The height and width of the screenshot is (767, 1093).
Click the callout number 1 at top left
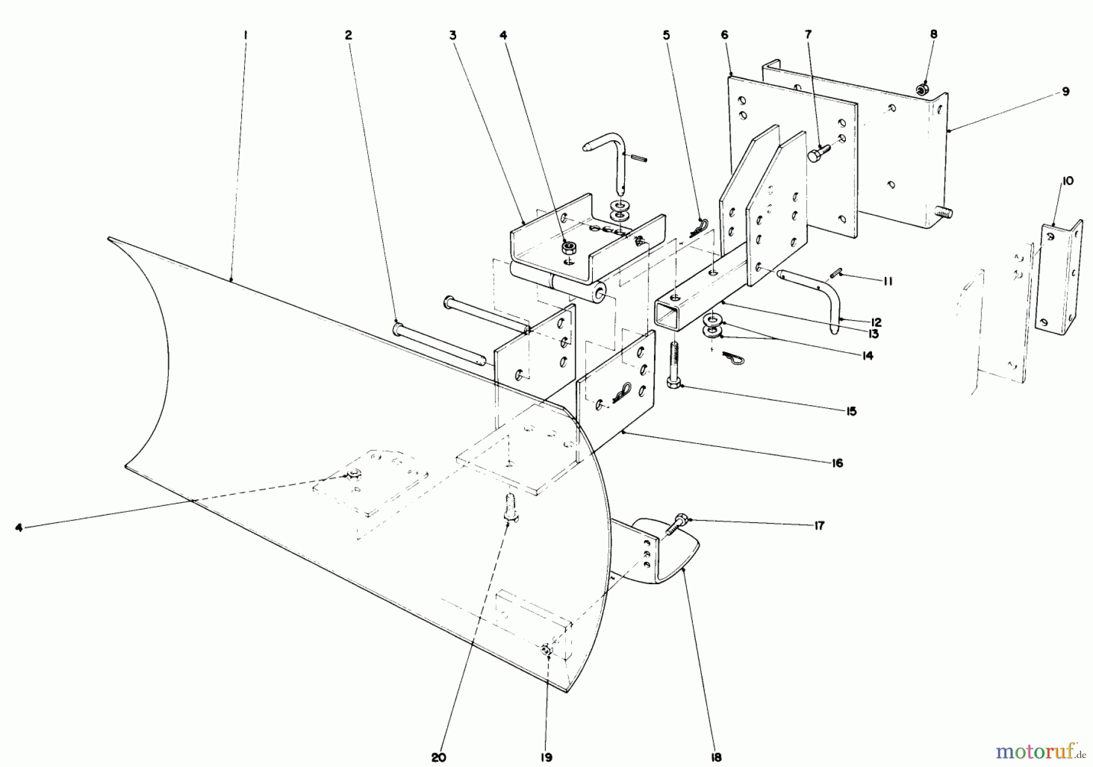(245, 35)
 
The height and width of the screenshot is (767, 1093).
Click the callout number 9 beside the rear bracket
(1066, 92)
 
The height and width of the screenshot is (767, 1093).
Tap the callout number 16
(837, 463)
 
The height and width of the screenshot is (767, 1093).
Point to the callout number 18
(717, 757)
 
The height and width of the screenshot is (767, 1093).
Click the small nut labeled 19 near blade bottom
(546, 650)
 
